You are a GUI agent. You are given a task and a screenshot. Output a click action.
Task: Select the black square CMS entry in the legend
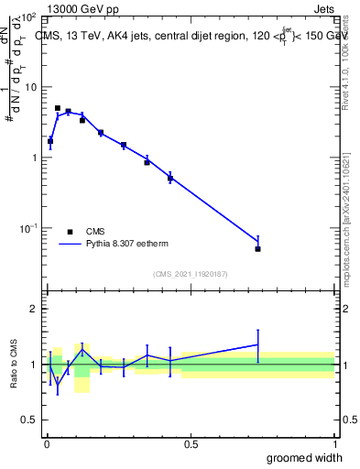(x=70, y=232)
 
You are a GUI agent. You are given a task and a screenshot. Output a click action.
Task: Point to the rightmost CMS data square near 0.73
(x=258, y=248)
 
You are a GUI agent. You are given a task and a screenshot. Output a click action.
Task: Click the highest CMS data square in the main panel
(x=58, y=108)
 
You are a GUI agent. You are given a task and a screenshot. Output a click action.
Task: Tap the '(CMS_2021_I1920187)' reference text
(x=190, y=274)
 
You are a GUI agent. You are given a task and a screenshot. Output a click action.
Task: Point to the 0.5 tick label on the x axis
(x=191, y=443)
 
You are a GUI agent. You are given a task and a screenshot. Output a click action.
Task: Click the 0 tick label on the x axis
(x=47, y=443)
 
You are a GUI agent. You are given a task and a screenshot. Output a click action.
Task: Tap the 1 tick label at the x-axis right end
(x=334, y=443)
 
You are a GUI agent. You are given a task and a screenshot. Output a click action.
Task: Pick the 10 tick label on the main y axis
(x=29, y=87)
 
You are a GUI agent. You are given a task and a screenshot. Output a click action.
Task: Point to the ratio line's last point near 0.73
(x=258, y=344)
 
